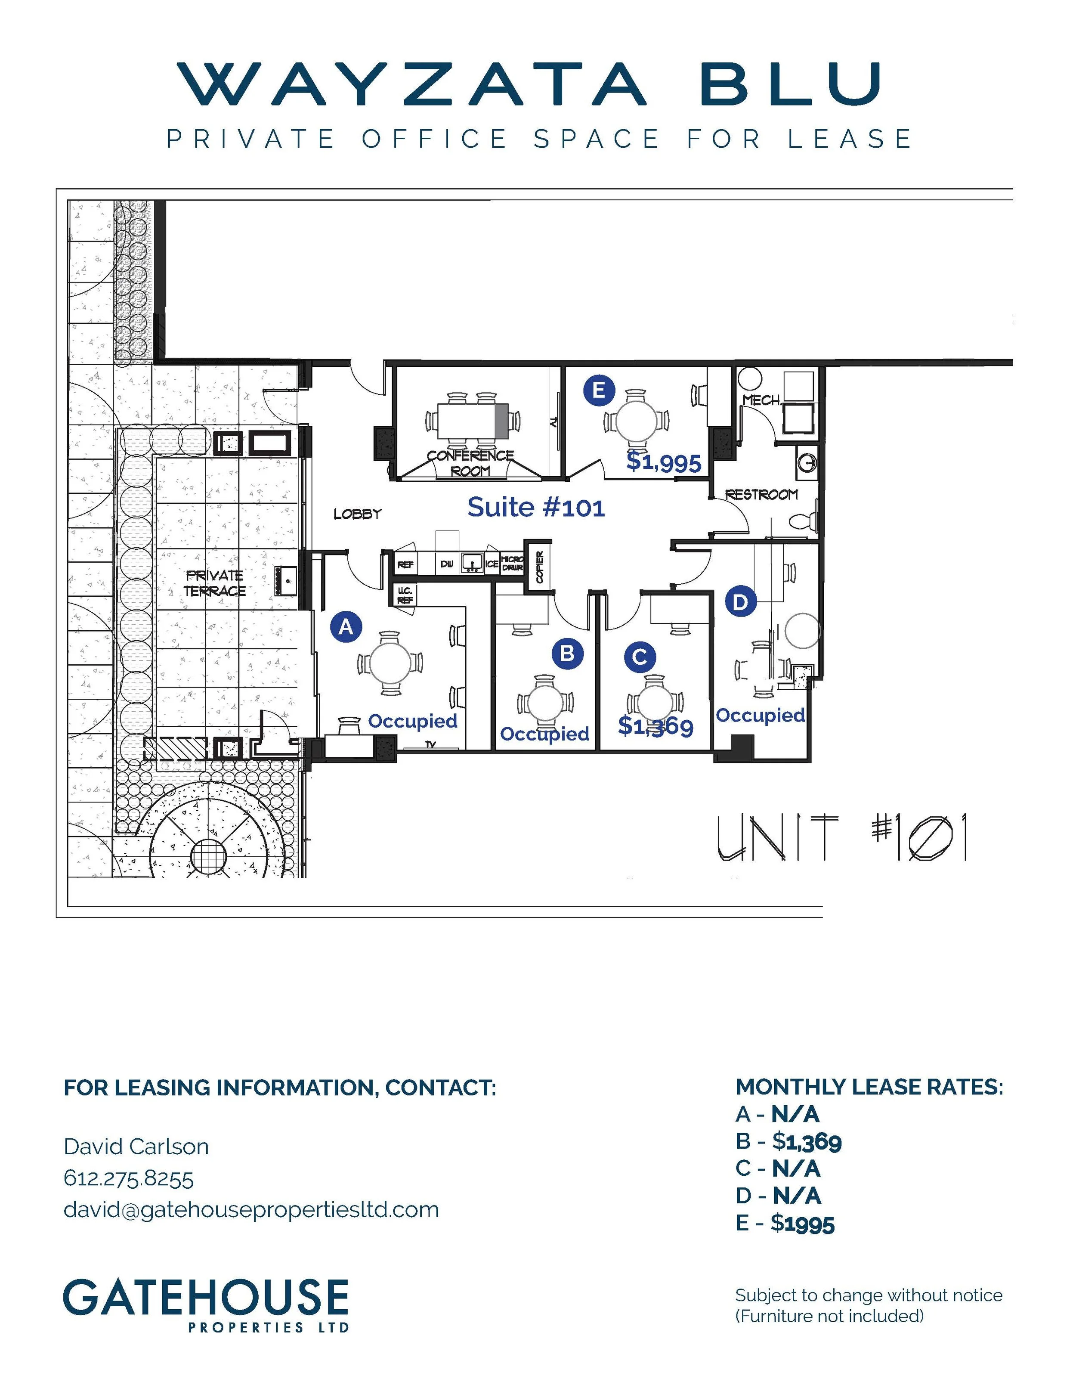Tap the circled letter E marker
(x=598, y=390)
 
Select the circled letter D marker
(x=740, y=602)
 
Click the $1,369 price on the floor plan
(x=655, y=727)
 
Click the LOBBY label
(x=357, y=514)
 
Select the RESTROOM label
(x=761, y=494)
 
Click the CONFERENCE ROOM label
(x=470, y=463)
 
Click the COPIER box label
(x=540, y=567)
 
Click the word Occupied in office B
(x=544, y=734)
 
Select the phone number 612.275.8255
(x=129, y=1178)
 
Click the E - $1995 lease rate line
(x=785, y=1223)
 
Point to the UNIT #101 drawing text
(x=841, y=838)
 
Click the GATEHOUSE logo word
(x=206, y=1298)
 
